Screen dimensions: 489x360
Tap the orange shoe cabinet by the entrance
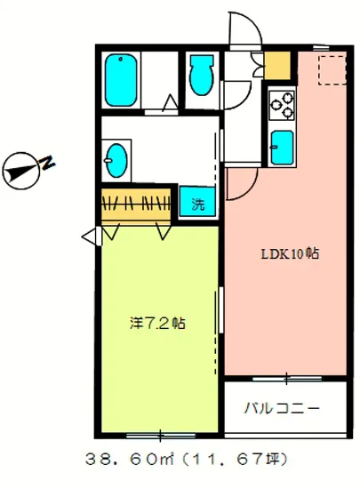(x=278, y=66)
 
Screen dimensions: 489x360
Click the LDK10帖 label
(x=289, y=253)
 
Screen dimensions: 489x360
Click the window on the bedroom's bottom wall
(x=160, y=435)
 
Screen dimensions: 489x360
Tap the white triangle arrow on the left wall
(x=89, y=236)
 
